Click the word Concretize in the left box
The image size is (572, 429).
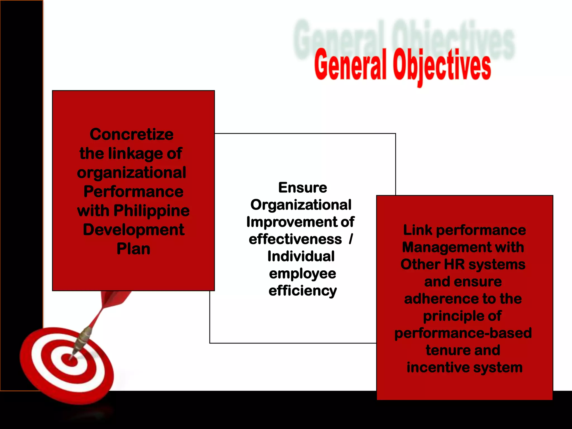click(x=132, y=134)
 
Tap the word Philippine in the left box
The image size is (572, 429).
click(x=151, y=211)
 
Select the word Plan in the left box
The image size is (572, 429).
click(x=134, y=249)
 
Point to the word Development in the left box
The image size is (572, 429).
click(x=134, y=230)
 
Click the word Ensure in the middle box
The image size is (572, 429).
click(x=302, y=187)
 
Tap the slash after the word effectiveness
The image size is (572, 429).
click(x=351, y=239)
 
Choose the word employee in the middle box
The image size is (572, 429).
click(x=302, y=273)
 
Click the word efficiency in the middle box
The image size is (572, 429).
click(x=302, y=291)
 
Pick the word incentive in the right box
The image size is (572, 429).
click(x=438, y=368)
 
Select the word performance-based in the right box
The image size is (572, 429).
click(x=463, y=333)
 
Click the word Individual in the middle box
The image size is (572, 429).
click(x=301, y=256)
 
